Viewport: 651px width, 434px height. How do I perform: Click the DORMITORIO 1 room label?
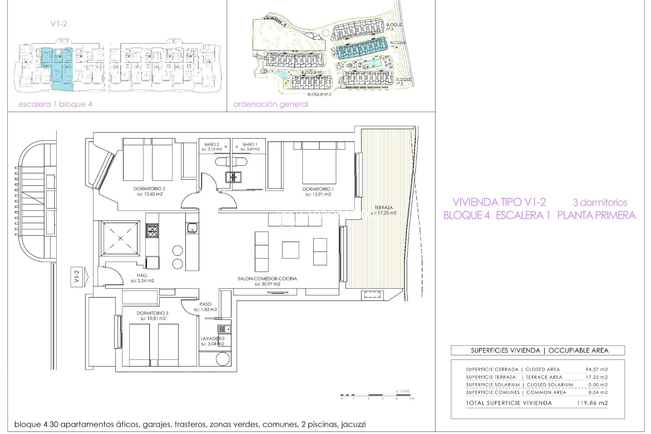pos(318,189)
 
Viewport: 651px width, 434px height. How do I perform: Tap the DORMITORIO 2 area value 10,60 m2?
pos(149,194)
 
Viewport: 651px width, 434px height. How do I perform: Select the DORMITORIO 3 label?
pos(153,313)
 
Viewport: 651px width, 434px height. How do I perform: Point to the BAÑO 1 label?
pos(250,144)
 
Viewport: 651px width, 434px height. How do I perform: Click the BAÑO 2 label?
pos(212,144)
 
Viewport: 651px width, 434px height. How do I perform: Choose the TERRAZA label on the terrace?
pos(383,208)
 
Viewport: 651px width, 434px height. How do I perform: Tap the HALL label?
pos(142,275)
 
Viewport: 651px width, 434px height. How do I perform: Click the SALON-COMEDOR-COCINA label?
pos(267,279)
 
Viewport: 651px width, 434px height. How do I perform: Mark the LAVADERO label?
pos(212,338)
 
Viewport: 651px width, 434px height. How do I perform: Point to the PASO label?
pos(205,304)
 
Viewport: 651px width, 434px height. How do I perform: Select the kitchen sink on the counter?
pos(192,228)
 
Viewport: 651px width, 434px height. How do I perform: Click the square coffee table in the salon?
pos(290,250)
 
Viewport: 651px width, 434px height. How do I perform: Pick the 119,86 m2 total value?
pos(592,403)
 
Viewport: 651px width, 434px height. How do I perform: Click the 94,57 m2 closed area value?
pos(596,369)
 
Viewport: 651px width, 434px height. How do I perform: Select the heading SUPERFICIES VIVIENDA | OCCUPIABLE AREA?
pos(539,351)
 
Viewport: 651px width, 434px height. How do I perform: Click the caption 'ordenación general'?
pos(271,104)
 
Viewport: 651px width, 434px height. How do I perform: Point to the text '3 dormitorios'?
pos(600,202)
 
